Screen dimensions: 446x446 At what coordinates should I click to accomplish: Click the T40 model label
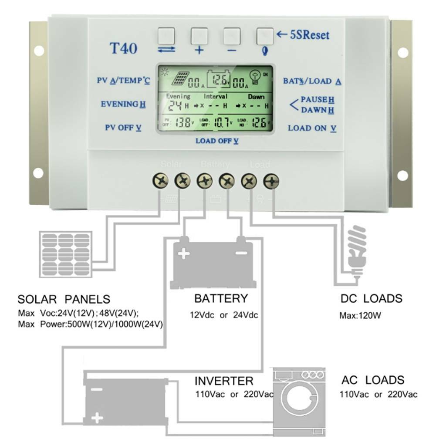[x=123, y=48]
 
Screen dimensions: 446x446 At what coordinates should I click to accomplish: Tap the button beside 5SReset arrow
[x=265, y=37]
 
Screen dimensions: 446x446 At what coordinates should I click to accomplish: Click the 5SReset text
[x=309, y=35]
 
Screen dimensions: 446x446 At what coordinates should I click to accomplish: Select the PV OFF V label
[x=123, y=128]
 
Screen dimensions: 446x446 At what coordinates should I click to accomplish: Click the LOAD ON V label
[x=312, y=128]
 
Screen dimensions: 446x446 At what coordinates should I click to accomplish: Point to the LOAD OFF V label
[x=217, y=141]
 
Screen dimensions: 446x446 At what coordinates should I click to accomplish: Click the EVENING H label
[x=123, y=104]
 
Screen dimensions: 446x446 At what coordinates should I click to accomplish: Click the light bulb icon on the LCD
[x=256, y=78]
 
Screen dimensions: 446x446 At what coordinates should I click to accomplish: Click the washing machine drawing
[x=299, y=399]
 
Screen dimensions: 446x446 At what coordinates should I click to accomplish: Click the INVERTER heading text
[x=223, y=381]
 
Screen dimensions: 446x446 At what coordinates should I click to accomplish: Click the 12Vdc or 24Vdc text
[x=223, y=314]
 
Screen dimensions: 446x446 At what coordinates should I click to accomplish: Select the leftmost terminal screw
[x=161, y=181]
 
